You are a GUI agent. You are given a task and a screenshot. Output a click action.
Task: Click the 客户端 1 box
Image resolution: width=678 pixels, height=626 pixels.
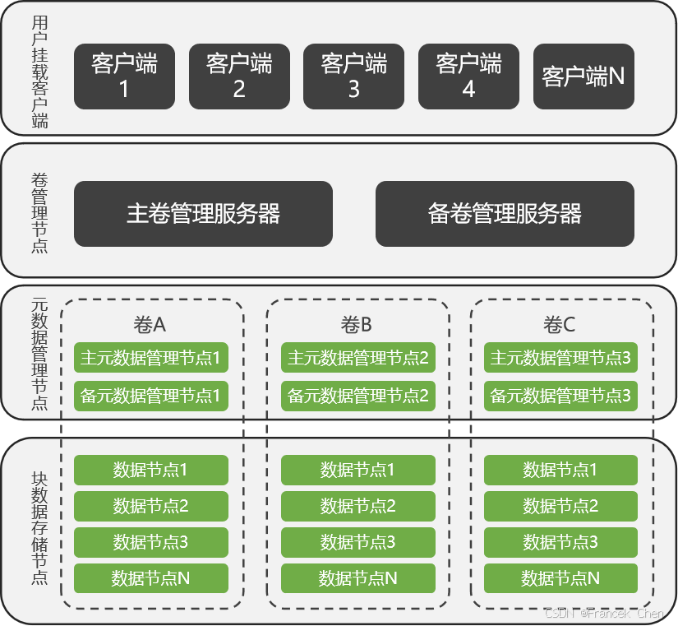(124, 77)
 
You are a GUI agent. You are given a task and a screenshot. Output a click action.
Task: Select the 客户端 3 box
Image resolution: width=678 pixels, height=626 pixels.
(353, 77)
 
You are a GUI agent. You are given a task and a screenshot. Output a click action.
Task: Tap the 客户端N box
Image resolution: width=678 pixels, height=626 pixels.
(583, 77)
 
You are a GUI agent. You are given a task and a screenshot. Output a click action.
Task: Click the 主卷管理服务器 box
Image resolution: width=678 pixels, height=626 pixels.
(203, 214)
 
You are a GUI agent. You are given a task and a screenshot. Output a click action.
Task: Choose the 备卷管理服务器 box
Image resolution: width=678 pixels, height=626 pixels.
(505, 214)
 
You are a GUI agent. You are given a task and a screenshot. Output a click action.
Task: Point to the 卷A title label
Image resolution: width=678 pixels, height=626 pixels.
(150, 325)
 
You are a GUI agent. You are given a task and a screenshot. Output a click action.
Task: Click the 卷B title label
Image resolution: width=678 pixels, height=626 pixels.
(357, 325)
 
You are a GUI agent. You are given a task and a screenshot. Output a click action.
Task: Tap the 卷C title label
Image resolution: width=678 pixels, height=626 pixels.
(560, 325)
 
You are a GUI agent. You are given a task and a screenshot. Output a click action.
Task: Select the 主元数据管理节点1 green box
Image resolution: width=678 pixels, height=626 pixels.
(150, 358)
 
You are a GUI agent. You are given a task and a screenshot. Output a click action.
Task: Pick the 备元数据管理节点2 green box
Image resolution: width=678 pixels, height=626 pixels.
(357, 396)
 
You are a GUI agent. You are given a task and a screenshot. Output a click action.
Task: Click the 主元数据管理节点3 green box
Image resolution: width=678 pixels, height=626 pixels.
(560, 358)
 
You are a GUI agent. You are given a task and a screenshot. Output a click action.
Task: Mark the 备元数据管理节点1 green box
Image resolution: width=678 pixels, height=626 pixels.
(150, 396)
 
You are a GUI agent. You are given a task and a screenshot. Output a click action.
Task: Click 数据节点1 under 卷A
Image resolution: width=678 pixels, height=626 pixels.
(150, 470)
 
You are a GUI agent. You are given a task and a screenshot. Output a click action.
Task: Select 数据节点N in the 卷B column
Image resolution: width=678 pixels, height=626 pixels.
(357, 578)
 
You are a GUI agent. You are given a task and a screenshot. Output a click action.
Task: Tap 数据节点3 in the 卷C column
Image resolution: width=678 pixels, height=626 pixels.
(560, 542)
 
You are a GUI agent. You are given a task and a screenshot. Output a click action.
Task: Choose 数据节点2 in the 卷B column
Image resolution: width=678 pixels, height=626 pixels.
(357, 506)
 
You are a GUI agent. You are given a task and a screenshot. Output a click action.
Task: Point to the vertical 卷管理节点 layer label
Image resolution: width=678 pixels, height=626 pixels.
(39, 212)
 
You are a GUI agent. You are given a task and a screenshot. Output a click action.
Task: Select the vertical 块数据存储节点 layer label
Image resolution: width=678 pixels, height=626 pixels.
(39, 527)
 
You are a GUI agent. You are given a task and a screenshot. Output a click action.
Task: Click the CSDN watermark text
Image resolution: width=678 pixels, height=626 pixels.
(604, 614)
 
